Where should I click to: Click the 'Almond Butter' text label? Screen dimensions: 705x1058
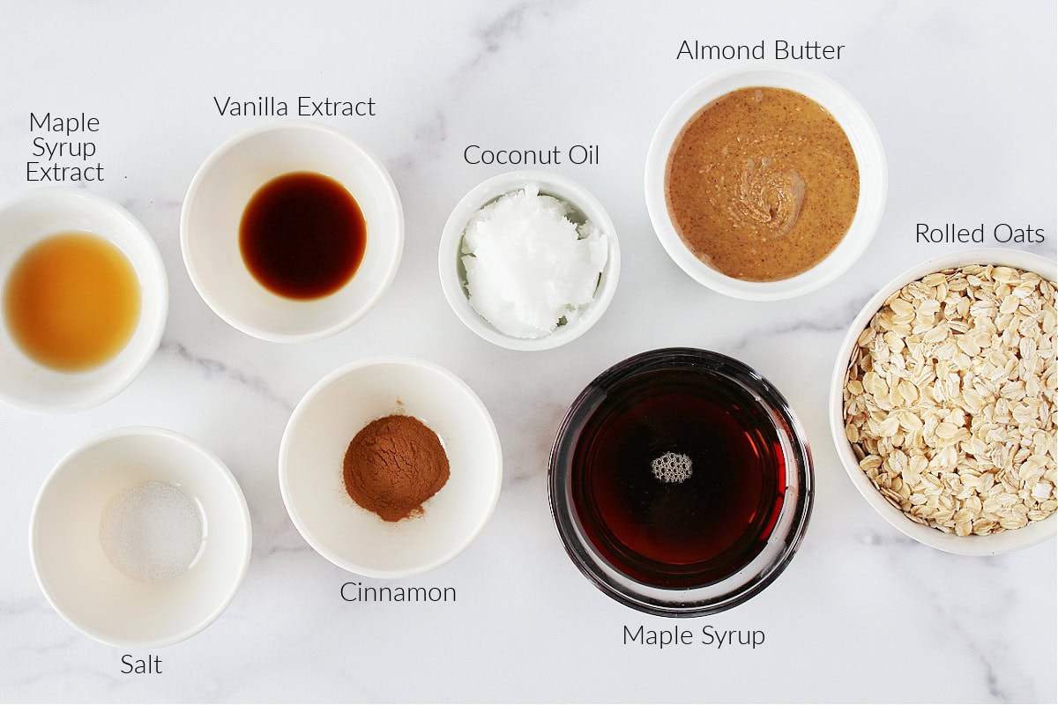(x=760, y=51)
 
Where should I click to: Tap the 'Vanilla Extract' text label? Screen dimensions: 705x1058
(x=294, y=108)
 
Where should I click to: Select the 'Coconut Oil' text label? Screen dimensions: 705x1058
(x=531, y=156)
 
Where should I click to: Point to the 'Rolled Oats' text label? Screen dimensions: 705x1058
(x=979, y=234)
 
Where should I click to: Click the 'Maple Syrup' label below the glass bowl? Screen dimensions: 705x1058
(x=693, y=635)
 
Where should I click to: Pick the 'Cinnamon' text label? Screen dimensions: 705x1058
(x=398, y=593)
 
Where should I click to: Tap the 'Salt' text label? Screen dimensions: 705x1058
(x=141, y=664)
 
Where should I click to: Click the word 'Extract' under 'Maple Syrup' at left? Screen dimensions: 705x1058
(x=64, y=173)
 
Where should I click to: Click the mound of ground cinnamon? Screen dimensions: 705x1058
(x=396, y=466)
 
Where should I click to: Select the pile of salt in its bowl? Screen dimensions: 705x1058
(x=151, y=530)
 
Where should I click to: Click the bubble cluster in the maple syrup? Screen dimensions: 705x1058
(x=671, y=467)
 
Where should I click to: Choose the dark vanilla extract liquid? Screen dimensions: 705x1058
(x=302, y=234)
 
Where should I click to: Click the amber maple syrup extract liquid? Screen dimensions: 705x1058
(x=72, y=301)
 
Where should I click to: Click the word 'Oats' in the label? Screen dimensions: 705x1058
(x=1017, y=234)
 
